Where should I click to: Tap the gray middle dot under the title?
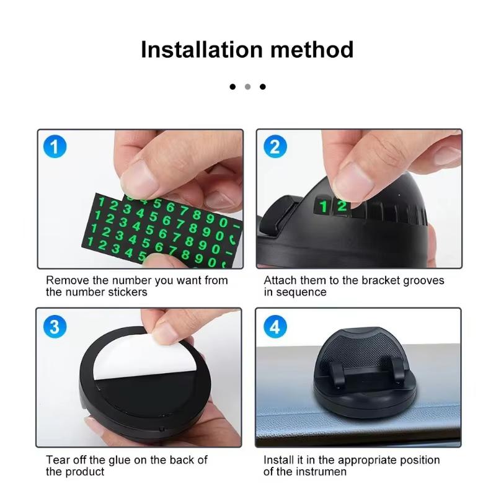(x=247, y=87)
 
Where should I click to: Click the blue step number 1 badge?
(x=55, y=147)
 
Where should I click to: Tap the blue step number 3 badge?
(x=55, y=326)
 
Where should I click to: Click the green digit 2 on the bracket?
(x=342, y=206)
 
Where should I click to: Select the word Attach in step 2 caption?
(x=280, y=280)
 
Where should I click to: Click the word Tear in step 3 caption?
(x=58, y=460)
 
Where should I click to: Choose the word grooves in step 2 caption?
(x=423, y=280)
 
